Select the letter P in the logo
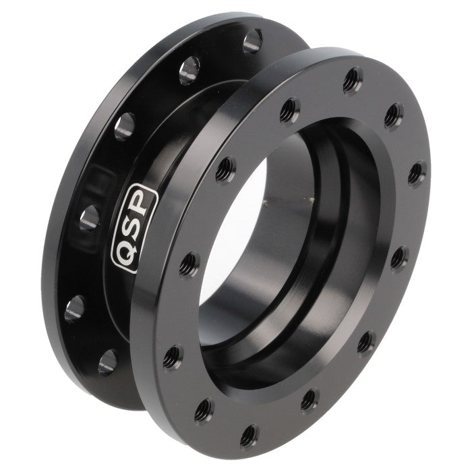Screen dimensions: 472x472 pos(144,200)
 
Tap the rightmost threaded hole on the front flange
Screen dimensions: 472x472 pos(416,173)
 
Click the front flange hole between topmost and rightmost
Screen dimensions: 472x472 pos(394,115)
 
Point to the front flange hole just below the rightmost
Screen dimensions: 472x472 pos(399,258)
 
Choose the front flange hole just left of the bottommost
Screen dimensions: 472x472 pos(204,409)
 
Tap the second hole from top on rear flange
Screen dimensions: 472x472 pos(189,70)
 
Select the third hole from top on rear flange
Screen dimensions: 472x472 pos(125,125)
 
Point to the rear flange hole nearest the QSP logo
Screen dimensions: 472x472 pos(89,217)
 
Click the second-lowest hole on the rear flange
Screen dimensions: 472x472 pos(75,307)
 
